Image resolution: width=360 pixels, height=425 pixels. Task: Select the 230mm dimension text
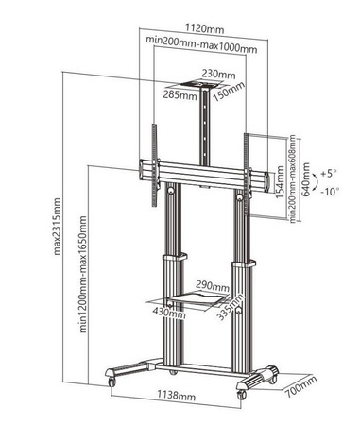tap(217, 74)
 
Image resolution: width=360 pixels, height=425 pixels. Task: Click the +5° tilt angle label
tap(329, 174)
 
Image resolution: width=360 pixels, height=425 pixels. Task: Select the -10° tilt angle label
tap(330, 192)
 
